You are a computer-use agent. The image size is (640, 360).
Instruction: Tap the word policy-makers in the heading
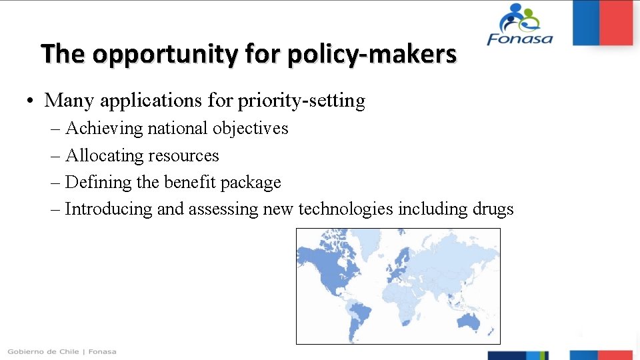coord(372,53)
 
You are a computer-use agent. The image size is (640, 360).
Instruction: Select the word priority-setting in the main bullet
coord(301,101)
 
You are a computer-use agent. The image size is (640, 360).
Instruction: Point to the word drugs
coord(493,209)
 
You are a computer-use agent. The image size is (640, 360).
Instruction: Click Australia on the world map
coord(471,321)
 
